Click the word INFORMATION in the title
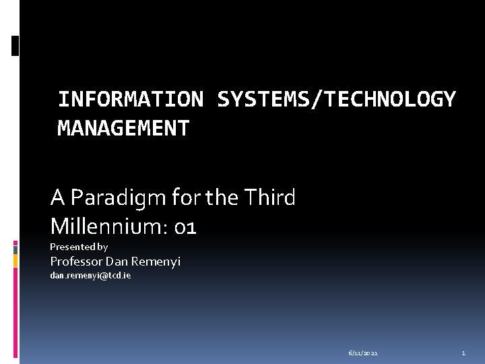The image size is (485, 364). tap(130, 99)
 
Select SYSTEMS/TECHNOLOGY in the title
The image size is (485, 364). tap(336, 99)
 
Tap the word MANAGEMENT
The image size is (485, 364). tap(123, 127)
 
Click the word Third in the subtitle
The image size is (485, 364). tap(269, 198)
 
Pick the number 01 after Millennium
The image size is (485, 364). tap(184, 227)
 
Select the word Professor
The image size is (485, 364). tap(77, 261)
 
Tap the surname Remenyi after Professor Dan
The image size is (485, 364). tap(156, 262)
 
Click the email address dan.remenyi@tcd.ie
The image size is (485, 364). tap(90, 276)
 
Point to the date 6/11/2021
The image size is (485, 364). tap(363, 353)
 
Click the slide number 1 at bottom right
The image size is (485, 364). tap(463, 353)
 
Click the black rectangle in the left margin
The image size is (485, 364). tap(15, 45)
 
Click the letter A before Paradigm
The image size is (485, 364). tap(57, 198)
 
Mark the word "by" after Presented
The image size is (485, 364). tap(102, 247)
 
